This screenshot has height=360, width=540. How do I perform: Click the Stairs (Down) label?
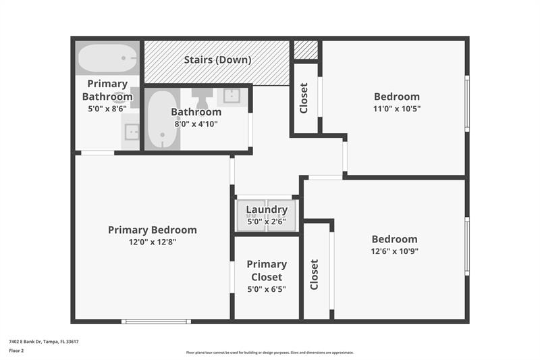[217, 60]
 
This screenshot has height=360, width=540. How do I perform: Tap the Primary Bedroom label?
[153, 230]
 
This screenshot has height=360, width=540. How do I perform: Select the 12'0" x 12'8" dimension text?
[153, 242]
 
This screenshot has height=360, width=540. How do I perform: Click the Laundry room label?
[267, 209]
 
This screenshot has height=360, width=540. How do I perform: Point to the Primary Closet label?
[267, 270]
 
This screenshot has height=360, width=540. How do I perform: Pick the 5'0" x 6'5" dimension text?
[267, 290]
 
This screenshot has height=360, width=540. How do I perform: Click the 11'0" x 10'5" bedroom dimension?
[397, 108]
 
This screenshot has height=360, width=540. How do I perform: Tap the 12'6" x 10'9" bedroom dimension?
[394, 251]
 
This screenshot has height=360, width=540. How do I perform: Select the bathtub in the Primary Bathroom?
[107, 59]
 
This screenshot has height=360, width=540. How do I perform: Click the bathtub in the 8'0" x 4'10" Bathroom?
[162, 120]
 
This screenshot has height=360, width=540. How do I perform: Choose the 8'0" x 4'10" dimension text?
[196, 124]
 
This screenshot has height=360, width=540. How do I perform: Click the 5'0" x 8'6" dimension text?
[107, 108]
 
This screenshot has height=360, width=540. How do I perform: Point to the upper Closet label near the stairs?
[304, 98]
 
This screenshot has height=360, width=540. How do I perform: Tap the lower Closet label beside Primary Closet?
[314, 275]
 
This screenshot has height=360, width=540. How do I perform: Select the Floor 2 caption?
[16, 351]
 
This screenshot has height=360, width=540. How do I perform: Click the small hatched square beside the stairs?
[306, 50]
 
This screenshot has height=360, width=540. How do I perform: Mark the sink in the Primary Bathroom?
[130, 131]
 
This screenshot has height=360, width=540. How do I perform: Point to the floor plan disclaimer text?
[269, 353]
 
